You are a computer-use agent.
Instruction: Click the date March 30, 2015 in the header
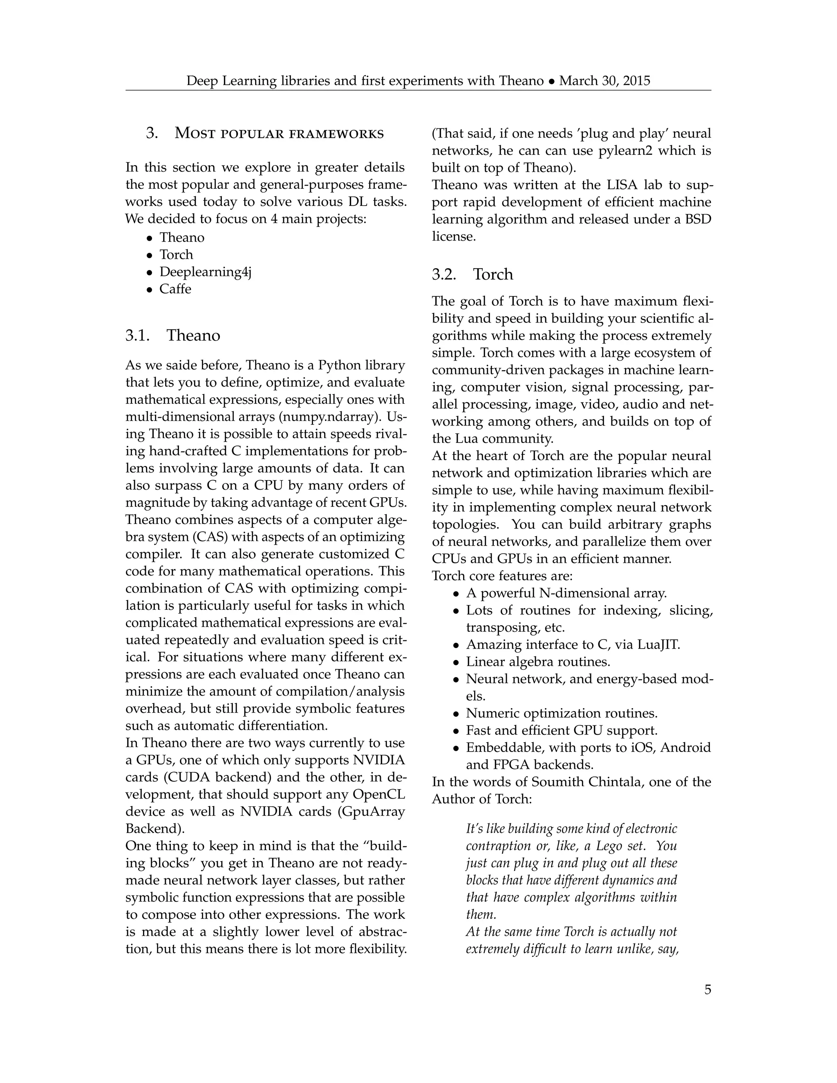604,81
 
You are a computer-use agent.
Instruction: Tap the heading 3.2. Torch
472,274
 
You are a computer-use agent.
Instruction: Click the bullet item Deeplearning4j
205,272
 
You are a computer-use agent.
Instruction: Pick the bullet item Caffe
175,289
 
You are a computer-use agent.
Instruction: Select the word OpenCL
378,794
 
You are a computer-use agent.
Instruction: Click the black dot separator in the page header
551,81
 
